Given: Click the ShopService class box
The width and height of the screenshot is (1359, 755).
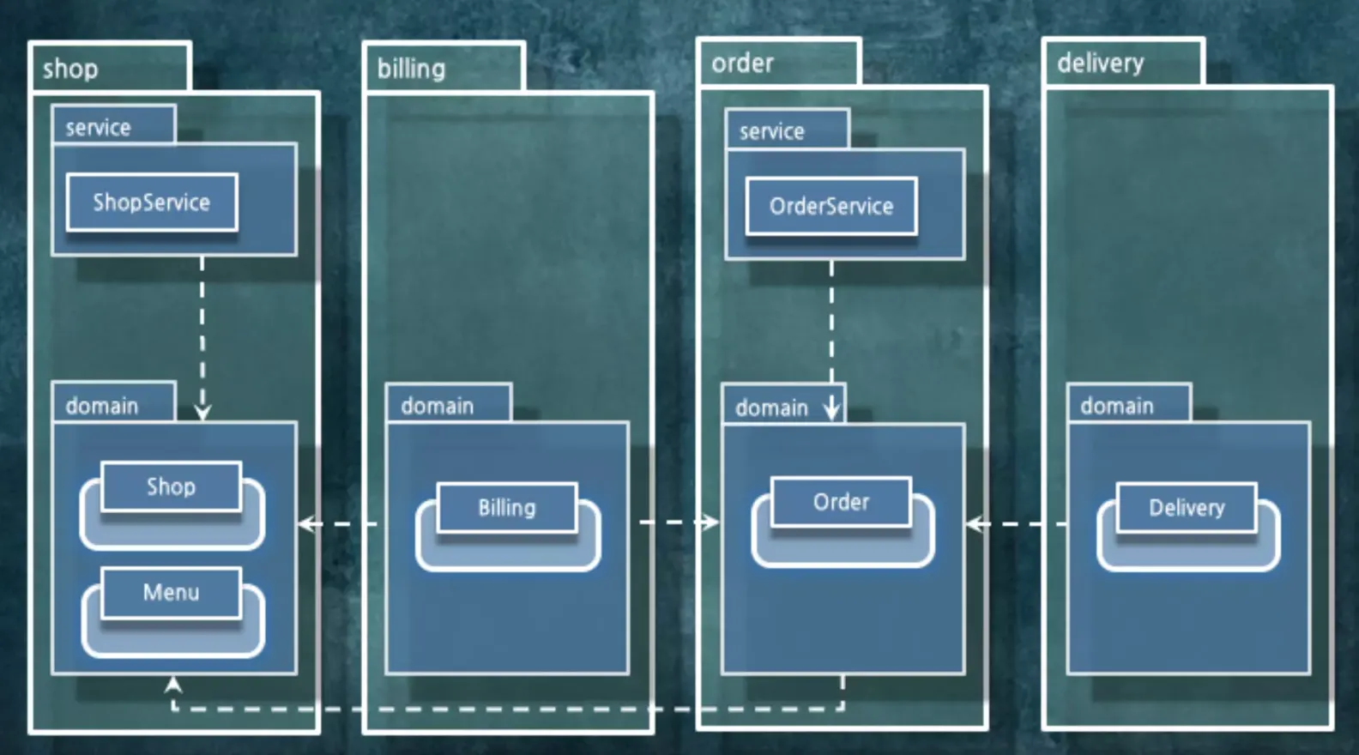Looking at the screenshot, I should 152,202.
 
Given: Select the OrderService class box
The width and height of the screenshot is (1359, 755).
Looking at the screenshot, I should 831,206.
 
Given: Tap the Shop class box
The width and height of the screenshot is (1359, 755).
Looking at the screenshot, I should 171,486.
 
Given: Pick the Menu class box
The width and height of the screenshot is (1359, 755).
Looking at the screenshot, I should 171,592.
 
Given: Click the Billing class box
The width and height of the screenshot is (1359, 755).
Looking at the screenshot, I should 506,507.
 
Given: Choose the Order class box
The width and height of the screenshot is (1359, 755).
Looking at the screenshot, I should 841,502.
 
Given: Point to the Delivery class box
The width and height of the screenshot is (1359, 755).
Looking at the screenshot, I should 1187,507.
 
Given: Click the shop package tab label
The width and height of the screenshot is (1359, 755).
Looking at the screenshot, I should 70,69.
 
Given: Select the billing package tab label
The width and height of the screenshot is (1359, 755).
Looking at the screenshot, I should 412,69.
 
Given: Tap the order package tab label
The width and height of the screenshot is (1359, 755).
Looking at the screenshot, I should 743,63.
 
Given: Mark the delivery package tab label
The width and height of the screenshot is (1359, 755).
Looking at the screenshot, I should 1101,63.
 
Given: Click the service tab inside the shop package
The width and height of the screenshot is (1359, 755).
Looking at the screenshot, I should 99,128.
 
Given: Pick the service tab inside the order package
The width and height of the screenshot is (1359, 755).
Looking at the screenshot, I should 772,131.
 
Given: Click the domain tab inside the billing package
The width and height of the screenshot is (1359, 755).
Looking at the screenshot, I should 438,406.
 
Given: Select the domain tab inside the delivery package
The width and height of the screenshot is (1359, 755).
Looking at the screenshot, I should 1117,406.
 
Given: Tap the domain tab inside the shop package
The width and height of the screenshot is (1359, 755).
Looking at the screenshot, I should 102,406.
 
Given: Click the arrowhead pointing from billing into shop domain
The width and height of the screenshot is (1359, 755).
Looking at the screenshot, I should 307,523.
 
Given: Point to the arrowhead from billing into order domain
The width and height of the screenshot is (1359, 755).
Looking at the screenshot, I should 710,522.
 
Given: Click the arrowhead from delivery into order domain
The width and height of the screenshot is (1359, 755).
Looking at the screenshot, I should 975,523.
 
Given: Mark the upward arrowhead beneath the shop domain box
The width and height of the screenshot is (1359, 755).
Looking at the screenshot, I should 173,685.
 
